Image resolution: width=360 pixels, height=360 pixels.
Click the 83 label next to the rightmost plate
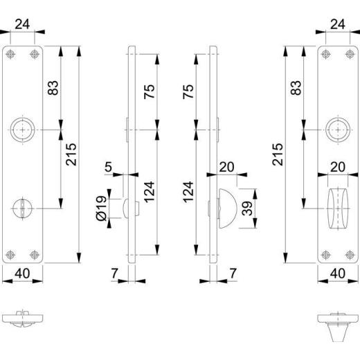pyautogui.click(x=297, y=88)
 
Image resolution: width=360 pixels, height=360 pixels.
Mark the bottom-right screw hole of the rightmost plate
pyautogui.click(x=349, y=253)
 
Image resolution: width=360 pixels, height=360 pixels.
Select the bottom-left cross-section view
pyautogui.click(x=24, y=320)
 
